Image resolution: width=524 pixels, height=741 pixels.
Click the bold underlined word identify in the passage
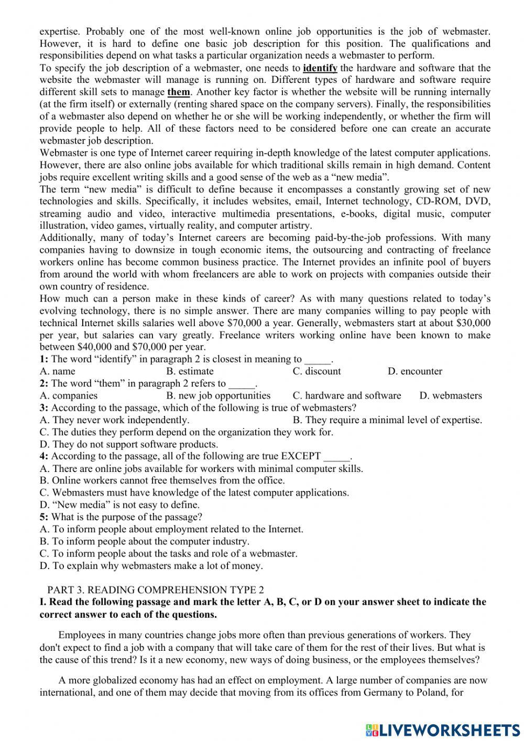320,68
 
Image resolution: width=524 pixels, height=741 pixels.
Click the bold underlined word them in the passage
179,92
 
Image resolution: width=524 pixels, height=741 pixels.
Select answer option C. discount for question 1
316,371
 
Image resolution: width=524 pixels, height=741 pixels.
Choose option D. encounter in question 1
415,371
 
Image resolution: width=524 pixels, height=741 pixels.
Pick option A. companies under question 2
69,396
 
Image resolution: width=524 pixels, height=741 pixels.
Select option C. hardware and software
347,396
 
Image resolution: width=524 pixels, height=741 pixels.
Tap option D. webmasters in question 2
451,396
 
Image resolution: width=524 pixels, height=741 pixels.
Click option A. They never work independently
114,420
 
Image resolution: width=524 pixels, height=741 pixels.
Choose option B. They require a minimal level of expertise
387,420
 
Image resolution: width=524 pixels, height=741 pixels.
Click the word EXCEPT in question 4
301,456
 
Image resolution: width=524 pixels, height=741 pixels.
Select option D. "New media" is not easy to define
119,505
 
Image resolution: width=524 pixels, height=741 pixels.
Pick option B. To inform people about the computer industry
145,542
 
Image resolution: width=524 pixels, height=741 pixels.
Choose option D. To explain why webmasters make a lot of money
151,566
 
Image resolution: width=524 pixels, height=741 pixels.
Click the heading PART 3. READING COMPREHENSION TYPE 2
156,590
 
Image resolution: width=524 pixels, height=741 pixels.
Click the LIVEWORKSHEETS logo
443,729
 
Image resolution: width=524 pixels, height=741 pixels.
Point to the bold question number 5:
44,517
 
